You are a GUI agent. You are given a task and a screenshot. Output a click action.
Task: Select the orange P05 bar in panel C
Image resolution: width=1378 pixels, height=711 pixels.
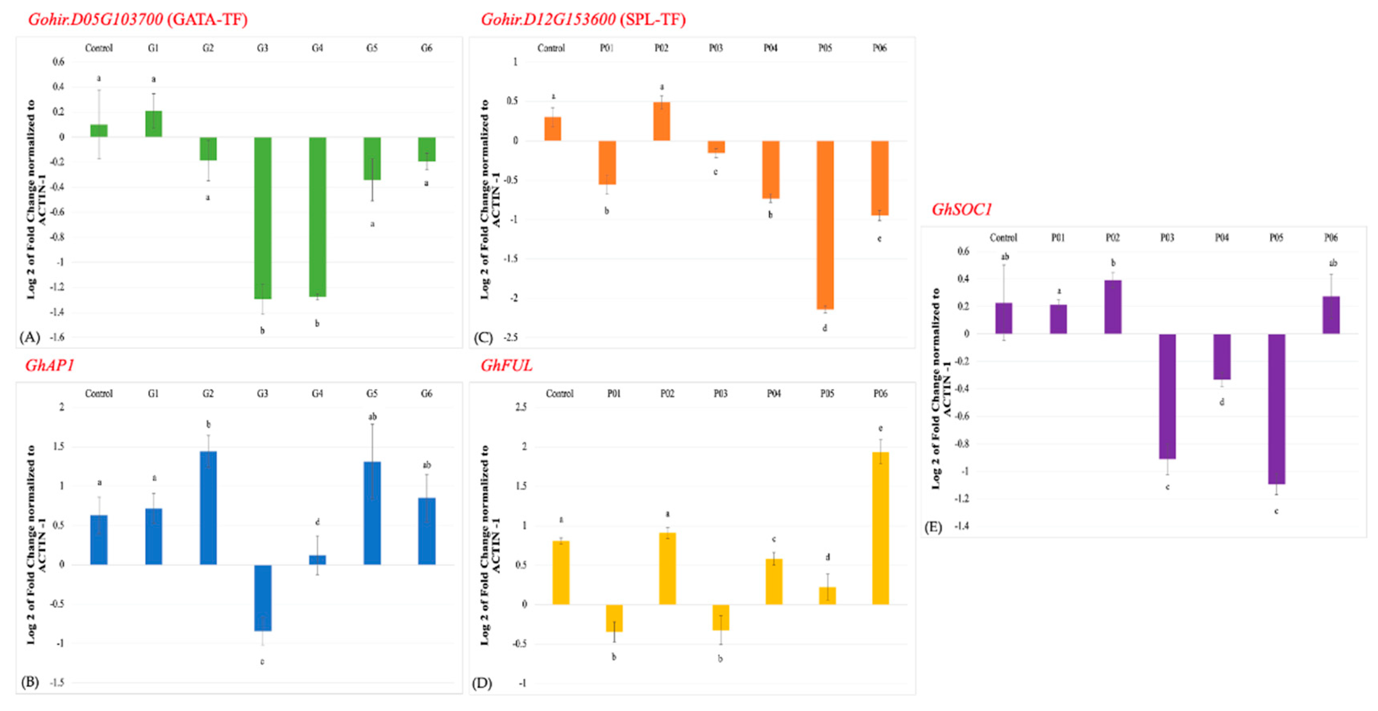825,225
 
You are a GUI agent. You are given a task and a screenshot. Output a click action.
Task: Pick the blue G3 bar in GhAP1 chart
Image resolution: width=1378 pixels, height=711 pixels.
262,597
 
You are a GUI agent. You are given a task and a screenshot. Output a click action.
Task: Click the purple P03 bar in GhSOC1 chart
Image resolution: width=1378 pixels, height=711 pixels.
1167,396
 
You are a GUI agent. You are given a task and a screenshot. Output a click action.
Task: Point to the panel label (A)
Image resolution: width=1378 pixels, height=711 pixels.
29,337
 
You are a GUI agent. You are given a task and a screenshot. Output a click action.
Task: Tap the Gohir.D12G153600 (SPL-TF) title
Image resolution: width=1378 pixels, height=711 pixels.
583,20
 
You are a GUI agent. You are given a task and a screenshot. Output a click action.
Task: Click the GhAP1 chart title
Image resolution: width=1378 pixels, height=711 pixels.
49,365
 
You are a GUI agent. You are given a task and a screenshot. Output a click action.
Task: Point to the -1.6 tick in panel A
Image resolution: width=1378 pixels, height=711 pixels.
57,337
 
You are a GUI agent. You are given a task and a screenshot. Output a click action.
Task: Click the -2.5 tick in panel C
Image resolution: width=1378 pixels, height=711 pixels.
511,337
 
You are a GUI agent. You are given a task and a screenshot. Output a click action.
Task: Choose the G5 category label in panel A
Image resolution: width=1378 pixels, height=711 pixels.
372,48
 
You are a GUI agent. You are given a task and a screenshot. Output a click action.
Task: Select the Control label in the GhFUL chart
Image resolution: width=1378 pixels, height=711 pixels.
560,394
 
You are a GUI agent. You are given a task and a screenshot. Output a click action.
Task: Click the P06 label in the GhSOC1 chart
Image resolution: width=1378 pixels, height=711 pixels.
1330,238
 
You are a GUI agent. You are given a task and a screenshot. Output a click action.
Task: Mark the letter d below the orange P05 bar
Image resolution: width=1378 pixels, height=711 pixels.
824,328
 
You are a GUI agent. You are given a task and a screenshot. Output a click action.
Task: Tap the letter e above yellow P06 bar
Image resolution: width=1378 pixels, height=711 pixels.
880,428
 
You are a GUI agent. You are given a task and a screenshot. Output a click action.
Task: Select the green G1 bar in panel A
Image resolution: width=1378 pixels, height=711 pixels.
154,124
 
